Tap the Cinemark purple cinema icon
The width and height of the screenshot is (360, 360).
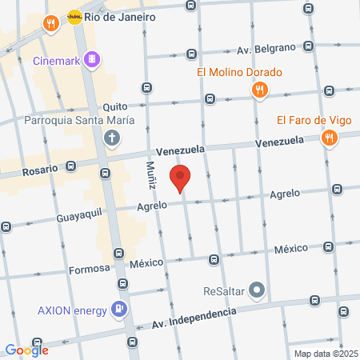coord(93,58)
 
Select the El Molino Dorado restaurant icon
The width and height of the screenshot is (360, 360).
coord(258,91)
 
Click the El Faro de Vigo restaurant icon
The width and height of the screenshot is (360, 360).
coord(329,139)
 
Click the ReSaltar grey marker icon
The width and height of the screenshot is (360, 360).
coord(257,289)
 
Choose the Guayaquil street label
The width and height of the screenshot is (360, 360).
coord(48,216)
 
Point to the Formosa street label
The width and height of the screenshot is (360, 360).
coord(88,269)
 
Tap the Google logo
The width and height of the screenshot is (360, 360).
coord(27,349)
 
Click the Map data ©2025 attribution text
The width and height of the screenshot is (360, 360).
coord(325,354)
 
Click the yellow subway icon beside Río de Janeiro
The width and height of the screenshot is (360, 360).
coord(74,16)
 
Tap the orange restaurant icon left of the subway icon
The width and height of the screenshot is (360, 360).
coord(50,23)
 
